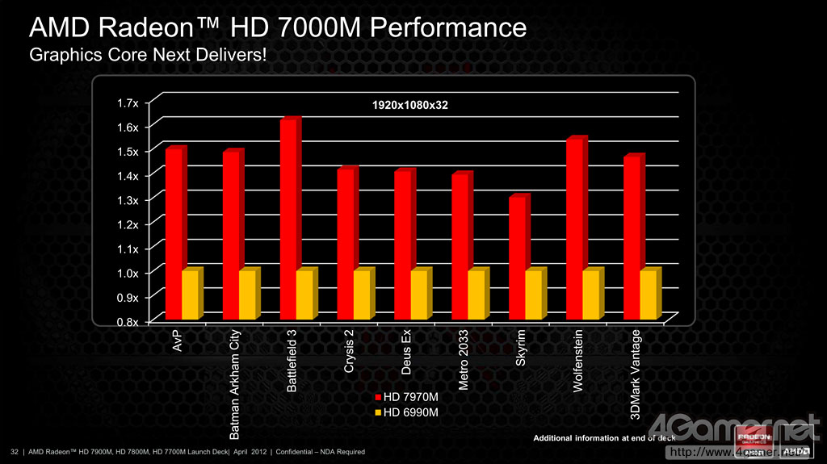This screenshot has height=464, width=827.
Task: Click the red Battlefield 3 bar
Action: pos(290,218)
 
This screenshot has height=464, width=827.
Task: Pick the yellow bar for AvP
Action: pos(190,294)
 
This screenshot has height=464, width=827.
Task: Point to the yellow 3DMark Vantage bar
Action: pos(649,294)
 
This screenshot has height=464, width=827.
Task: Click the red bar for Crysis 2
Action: pos(347,243)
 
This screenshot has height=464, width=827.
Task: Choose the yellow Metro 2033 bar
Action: pos(476,294)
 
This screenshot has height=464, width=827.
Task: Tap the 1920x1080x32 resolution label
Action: pos(410,106)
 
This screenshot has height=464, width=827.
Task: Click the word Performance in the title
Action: pos(432,28)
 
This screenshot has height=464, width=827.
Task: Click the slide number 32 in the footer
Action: pos(14,451)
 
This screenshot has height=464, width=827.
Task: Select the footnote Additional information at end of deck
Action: pos(604,438)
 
